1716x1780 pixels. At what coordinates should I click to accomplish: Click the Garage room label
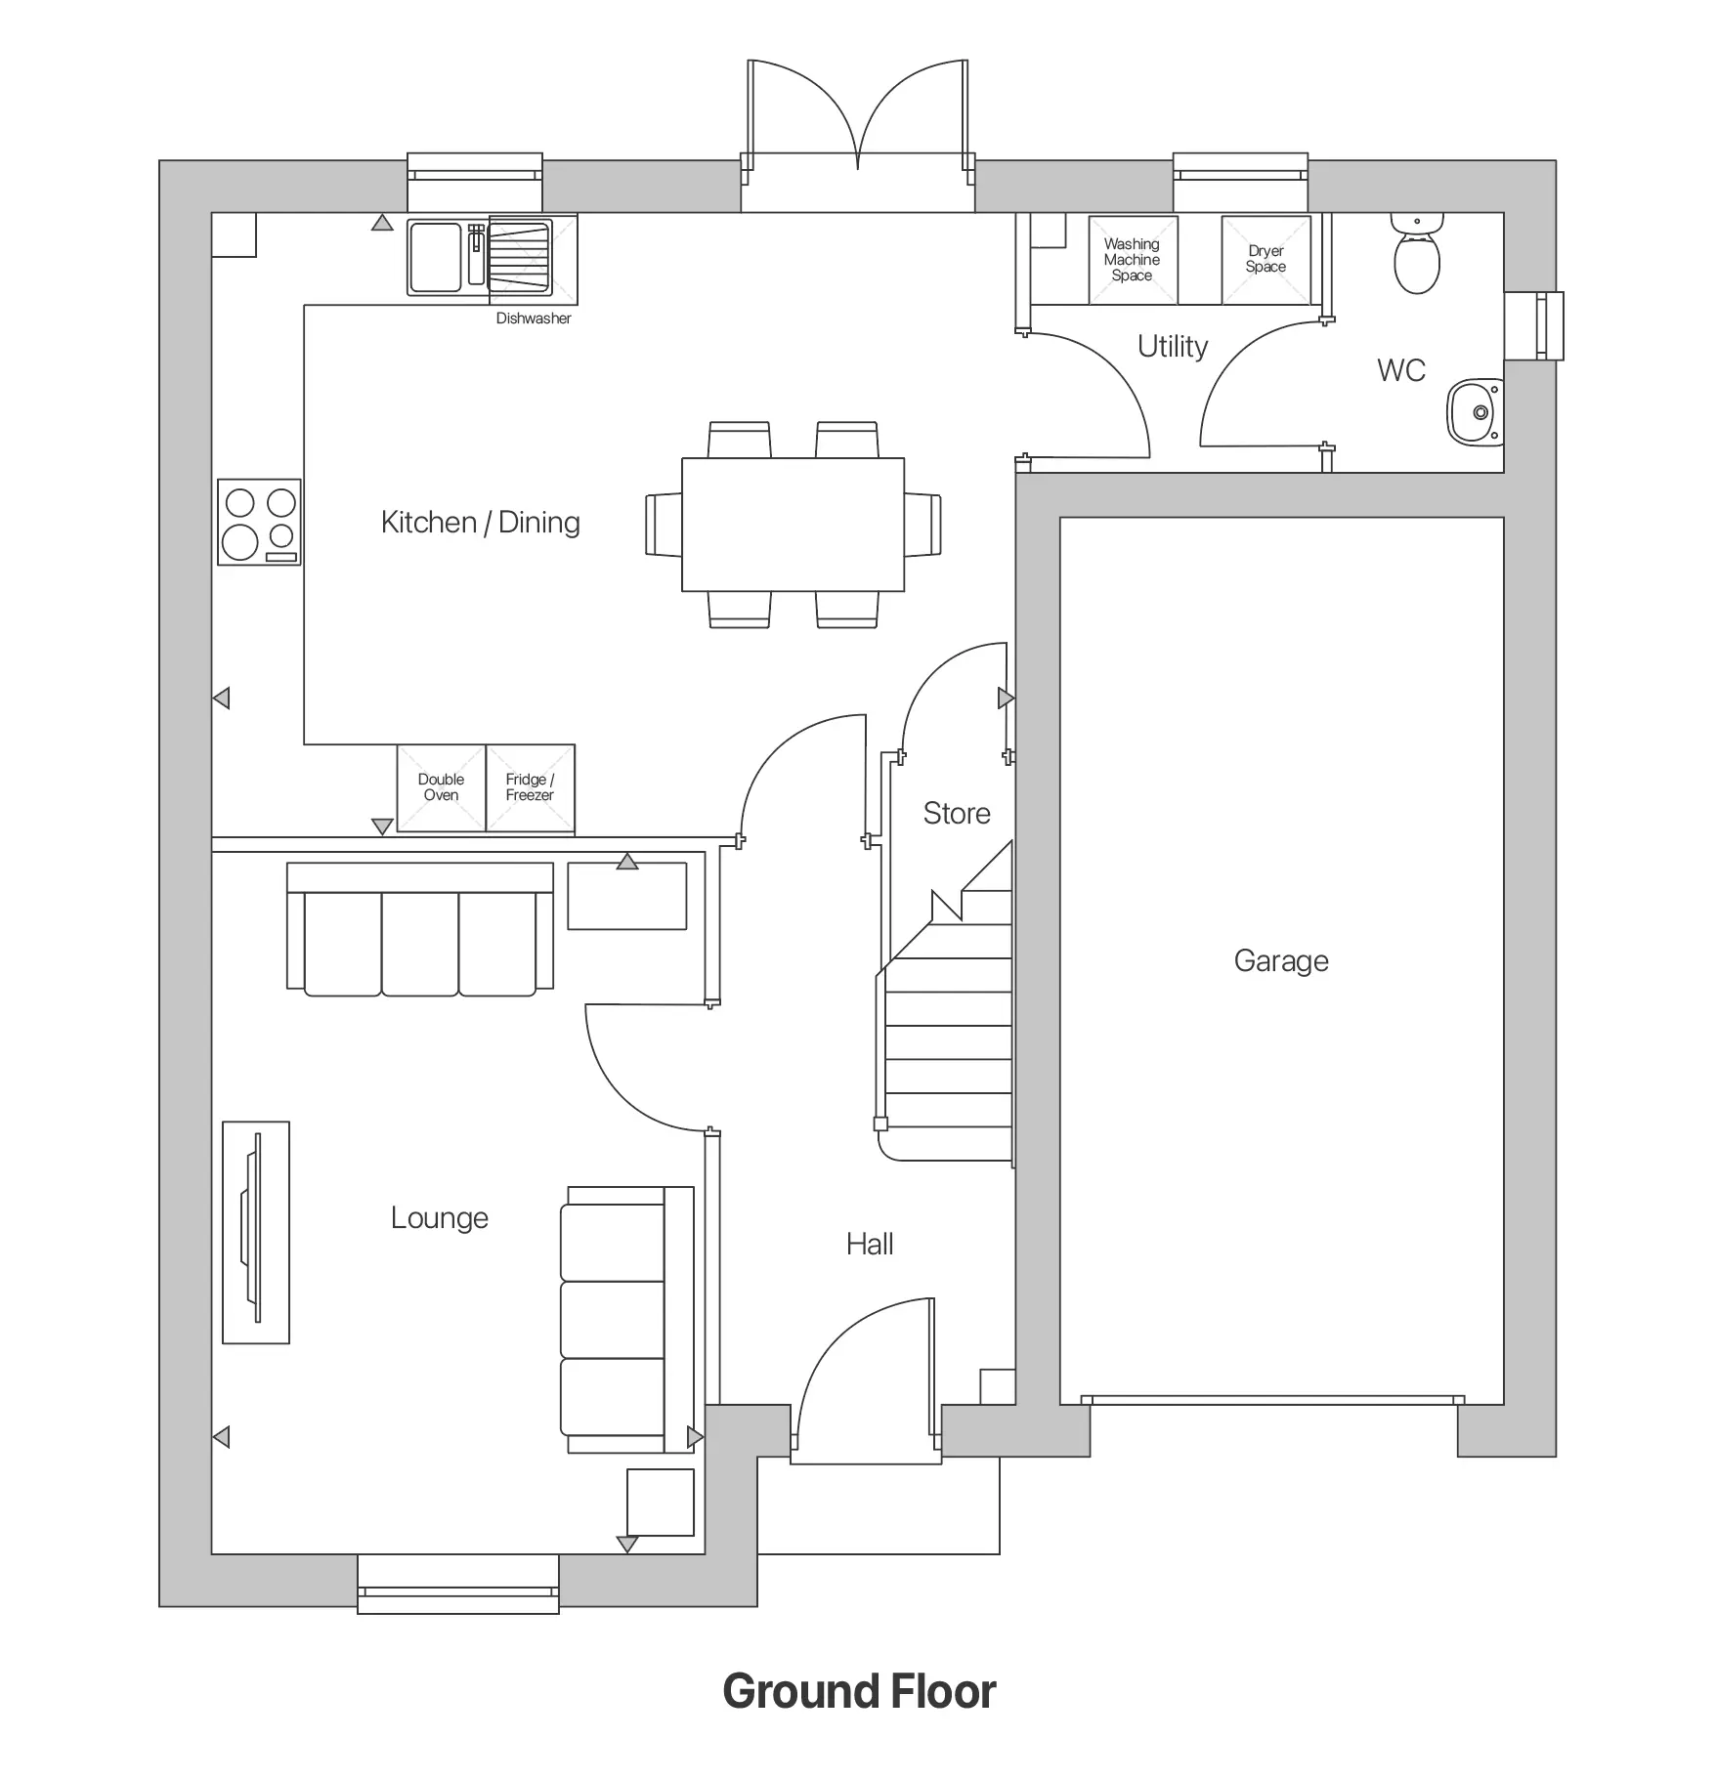point(1281,961)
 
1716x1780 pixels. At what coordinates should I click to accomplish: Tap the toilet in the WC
point(1416,253)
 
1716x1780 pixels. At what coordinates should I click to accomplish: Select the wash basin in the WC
point(1476,412)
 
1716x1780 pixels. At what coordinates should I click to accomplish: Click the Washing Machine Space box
point(1133,260)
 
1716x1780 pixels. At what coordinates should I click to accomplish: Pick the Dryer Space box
point(1266,260)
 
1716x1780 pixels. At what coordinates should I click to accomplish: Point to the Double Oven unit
point(441,788)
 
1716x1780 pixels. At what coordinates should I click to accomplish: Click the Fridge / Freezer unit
point(531,788)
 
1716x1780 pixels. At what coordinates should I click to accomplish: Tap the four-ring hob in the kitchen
point(259,522)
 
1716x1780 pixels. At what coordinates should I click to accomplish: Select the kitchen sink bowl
point(436,256)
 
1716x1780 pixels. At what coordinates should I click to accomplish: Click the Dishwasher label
point(534,318)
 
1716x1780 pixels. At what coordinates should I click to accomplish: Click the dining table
point(793,525)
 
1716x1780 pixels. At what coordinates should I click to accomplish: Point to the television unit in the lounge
point(256,1232)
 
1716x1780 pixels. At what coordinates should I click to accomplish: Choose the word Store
point(957,814)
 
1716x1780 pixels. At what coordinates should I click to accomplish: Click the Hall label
point(870,1245)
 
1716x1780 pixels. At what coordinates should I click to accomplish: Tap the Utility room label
point(1173,347)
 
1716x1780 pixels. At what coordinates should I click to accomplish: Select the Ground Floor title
point(859,1690)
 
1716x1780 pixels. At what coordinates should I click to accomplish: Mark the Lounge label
point(440,1218)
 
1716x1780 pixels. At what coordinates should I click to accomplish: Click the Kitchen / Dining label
point(481,523)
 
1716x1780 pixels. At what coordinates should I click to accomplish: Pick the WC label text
point(1401,370)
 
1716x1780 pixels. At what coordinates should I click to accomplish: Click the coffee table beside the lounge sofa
point(627,896)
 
